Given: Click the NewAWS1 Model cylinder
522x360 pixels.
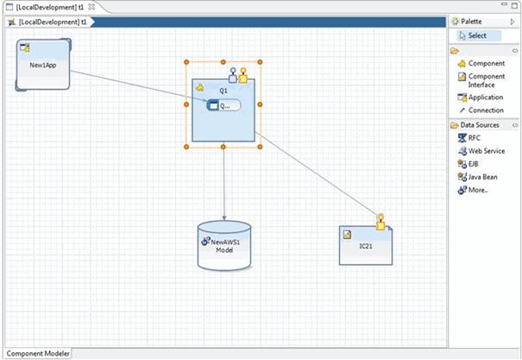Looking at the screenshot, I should [x=224, y=245].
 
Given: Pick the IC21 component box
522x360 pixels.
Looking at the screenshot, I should [x=366, y=245].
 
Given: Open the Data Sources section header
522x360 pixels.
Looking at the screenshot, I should [x=481, y=125].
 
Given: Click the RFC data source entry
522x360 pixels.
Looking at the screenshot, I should [x=475, y=137].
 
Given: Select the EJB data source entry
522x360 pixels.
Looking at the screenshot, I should [x=474, y=163].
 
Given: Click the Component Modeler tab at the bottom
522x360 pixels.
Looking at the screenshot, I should [x=36, y=353].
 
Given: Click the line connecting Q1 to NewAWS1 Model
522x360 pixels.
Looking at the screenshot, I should [x=223, y=181].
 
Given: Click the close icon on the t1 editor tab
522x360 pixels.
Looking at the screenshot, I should [x=91, y=7].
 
